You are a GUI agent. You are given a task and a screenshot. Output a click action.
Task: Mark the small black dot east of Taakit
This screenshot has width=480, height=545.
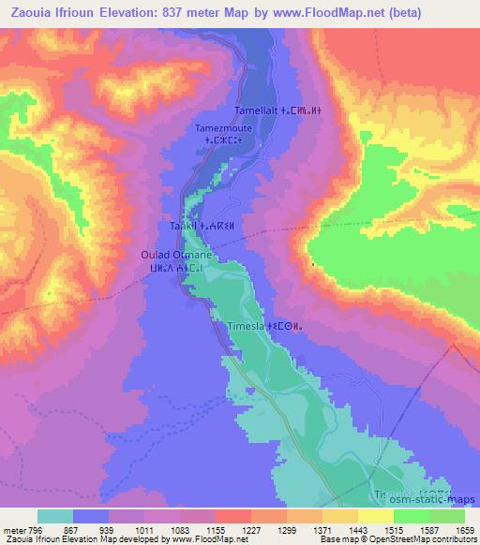click(x=312, y=265)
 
